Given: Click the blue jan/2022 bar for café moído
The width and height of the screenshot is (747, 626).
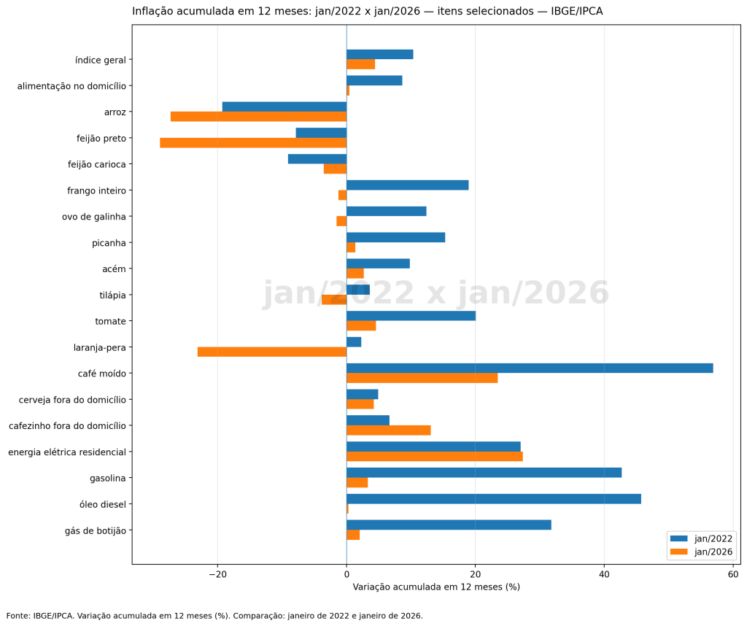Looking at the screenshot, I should (x=530, y=368).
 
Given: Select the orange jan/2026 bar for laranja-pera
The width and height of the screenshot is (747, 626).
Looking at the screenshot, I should (x=272, y=352).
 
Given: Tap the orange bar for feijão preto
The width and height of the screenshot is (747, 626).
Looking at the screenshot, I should (x=253, y=142).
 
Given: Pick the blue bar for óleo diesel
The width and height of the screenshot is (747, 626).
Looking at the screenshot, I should (x=494, y=499).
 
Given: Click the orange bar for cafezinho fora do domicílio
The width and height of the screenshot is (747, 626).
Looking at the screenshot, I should (x=389, y=430).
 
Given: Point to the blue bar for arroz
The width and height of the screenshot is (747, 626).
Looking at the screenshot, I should (x=285, y=107).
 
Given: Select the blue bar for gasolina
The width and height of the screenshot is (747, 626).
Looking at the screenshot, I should (x=484, y=473).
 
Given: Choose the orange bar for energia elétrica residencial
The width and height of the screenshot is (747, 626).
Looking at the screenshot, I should (x=435, y=457).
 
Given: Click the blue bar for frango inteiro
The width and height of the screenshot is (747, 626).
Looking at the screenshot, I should (x=407, y=185).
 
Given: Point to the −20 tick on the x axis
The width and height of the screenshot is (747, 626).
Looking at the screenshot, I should (x=217, y=574).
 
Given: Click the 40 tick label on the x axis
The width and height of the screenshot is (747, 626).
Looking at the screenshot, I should (x=604, y=574).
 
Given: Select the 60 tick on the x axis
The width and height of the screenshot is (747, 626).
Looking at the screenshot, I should (x=732, y=574).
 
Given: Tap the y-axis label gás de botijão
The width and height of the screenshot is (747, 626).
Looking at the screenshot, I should (x=95, y=530).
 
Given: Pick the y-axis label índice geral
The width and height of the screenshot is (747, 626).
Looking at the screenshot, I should (x=101, y=60).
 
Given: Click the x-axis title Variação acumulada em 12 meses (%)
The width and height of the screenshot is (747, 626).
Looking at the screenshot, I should (x=436, y=587).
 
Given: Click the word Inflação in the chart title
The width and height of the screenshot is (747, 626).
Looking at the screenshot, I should (x=153, y=12).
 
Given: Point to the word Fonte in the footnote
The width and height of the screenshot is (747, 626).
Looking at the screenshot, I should (x=18, y=616).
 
